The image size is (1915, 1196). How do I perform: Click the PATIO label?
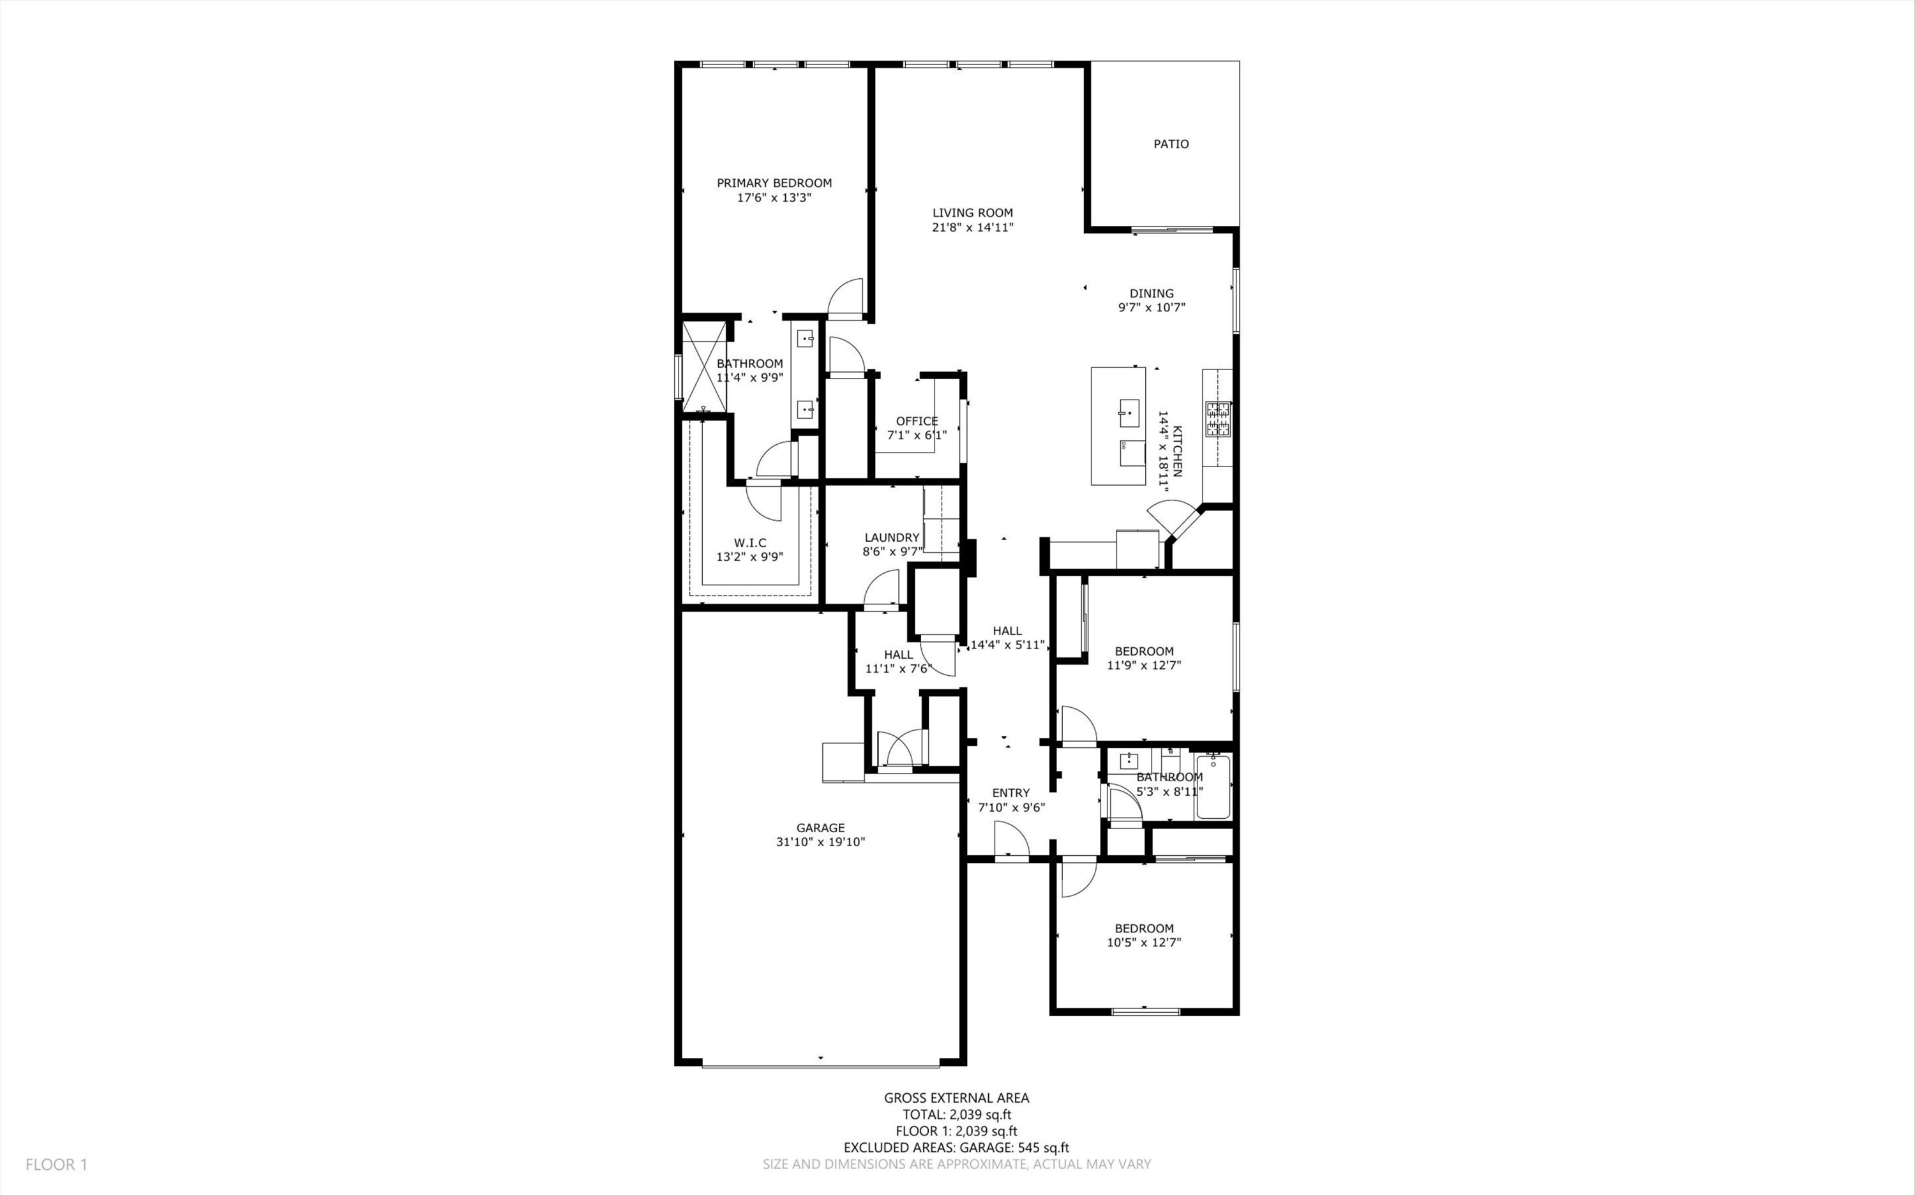[x=1171, y=144]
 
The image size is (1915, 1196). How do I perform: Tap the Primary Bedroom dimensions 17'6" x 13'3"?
[x=774, y=198]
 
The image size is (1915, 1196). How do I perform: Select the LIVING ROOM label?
[x=972, y=213]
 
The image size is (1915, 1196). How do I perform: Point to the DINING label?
[x=1151, y=294]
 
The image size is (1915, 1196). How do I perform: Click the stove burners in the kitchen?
[x=1217, y=419]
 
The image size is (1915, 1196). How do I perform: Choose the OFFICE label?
[x=917, y=421]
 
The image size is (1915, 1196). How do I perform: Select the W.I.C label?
[x=750, y=542]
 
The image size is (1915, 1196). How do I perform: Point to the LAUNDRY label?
[x=892, y=537]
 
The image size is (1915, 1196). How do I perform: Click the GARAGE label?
[x=820, y=828]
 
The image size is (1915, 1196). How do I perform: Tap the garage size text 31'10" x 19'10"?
[x=820, y=842]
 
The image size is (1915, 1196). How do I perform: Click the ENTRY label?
[x=1011, y=793]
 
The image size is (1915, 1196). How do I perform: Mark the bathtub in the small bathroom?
[x=1213, y=787]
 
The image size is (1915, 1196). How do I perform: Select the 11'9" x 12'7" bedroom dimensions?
[x=1144, y=665]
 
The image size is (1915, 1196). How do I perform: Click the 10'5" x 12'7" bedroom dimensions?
[x=1144, y=942]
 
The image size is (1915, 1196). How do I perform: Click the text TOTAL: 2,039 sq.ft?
[x=956, y=1114]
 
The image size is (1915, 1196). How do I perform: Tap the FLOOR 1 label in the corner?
[x=56, y=1164]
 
